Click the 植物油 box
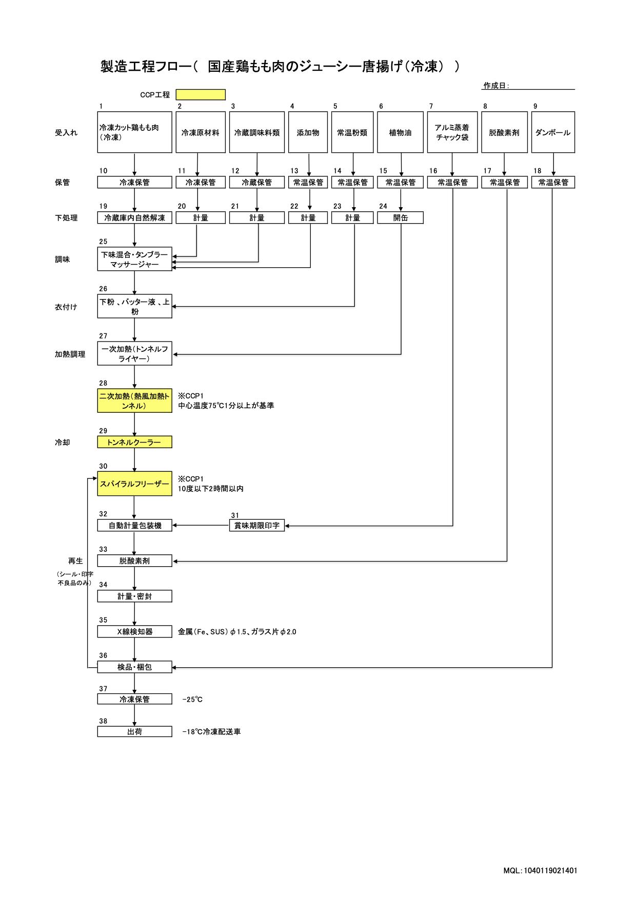(x=400, y=132)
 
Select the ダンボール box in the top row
(x=552, y=132)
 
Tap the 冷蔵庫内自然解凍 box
(x=134, y=218)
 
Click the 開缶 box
(x=400, y=218)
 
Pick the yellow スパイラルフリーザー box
(x=134, y=484)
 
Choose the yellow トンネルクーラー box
(x=134, y=442)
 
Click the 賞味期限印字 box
(x=256, y=526)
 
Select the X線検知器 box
(x=134, y=632)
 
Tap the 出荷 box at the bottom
(x=134, y=732)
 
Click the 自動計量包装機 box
(x=134, y=526)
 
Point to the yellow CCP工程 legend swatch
(x=201, y=95)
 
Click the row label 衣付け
(x=66, y=307)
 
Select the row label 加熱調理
(x=70, y=354)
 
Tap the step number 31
(x=235, y=515)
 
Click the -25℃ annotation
(x=192, y=700)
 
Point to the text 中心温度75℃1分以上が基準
(x=226, y=406)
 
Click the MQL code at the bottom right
(x=540, y=870)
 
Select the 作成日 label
(x=496, y=86)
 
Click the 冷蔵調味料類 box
(x=256, y=132)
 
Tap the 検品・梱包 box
(x=134, y=667)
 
